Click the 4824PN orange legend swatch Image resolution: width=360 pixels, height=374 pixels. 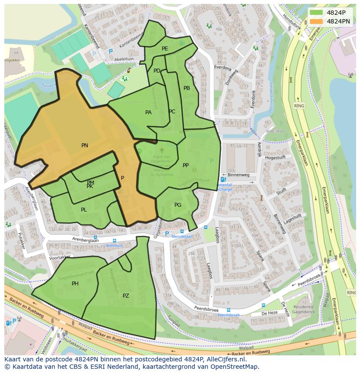click(x=317, y=21)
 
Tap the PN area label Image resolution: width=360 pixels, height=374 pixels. click(x=85, y=146)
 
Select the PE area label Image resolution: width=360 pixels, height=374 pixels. click(x=165, y=49)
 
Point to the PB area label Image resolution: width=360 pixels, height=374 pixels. click(x=187, y=88)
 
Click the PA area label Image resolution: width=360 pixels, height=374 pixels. click(x=148, y=113)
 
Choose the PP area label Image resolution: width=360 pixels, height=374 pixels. click(x=186, y=165)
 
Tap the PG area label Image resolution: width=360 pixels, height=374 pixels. click(x=178, y=205)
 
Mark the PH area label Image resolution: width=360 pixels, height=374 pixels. click(x=75, y=284)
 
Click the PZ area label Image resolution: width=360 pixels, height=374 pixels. click(x=126, y=296)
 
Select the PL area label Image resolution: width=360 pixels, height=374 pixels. click(x=84, y=210)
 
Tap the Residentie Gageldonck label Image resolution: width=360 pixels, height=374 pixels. click(x=303, y=310)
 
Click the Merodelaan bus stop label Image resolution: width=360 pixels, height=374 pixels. click(x=182, y=236)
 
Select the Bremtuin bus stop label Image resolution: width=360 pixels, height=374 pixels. click(x=114, y=245)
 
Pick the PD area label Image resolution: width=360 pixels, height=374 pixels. click(x=157, y=71)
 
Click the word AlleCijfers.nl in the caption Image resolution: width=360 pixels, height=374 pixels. click(x=225, y=360)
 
